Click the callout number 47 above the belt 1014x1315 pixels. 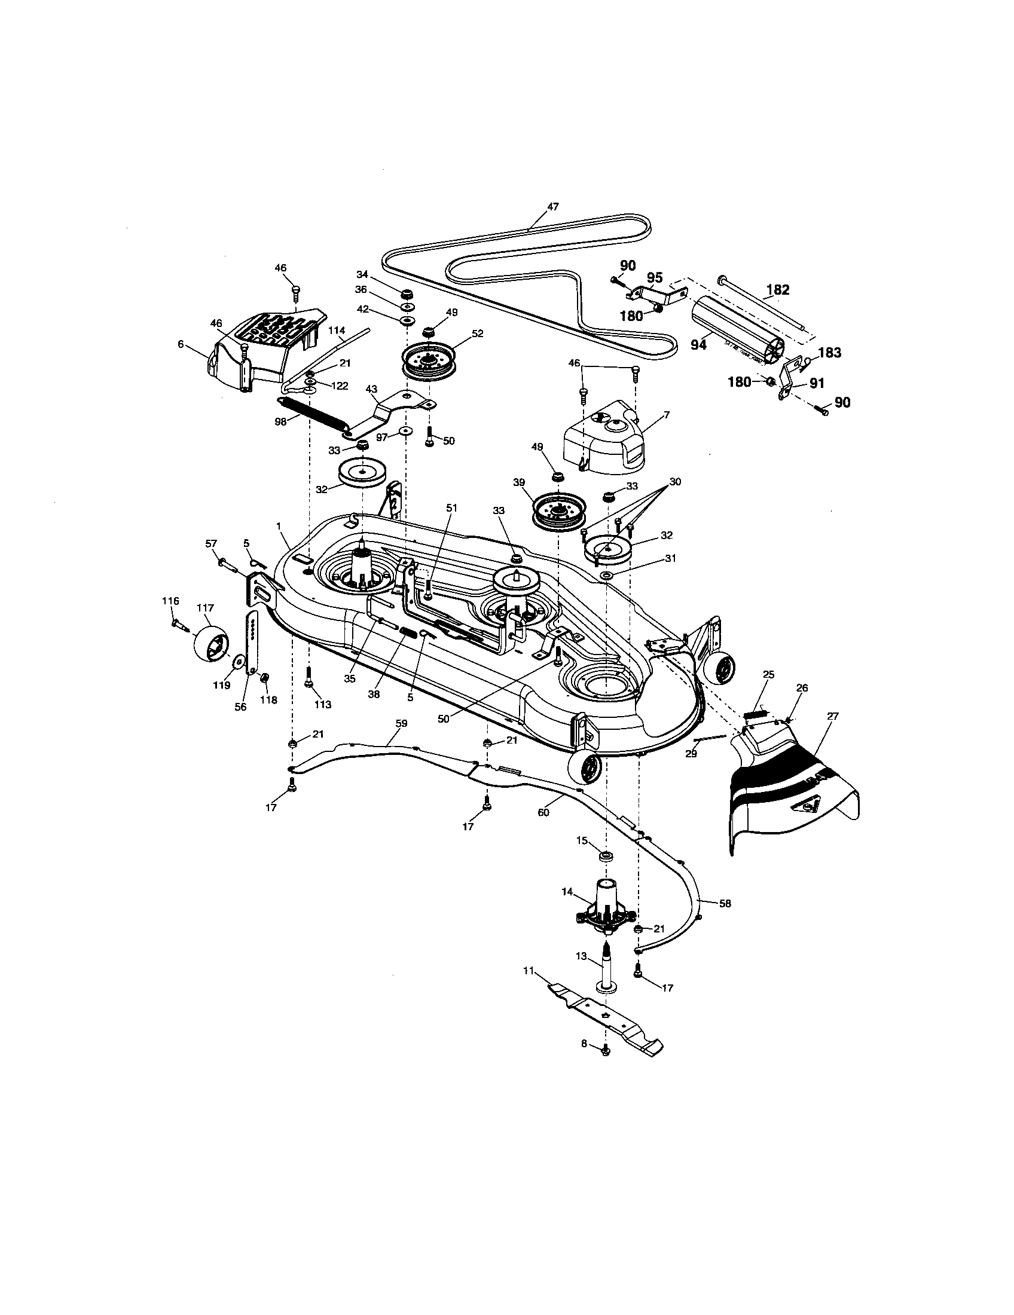pyautogui.click(x=552, y=207)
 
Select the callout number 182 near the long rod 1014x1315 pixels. pyautogui.click(x=777, y=290)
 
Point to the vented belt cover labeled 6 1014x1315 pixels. pyautogui.click(x=265, y=349)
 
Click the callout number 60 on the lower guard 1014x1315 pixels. pyautogui.click(x=542, y=812)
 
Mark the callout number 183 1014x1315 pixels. pyautogui.click(x=829, y=353)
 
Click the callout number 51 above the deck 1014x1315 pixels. pyautogui.click(x=451, y=508)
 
